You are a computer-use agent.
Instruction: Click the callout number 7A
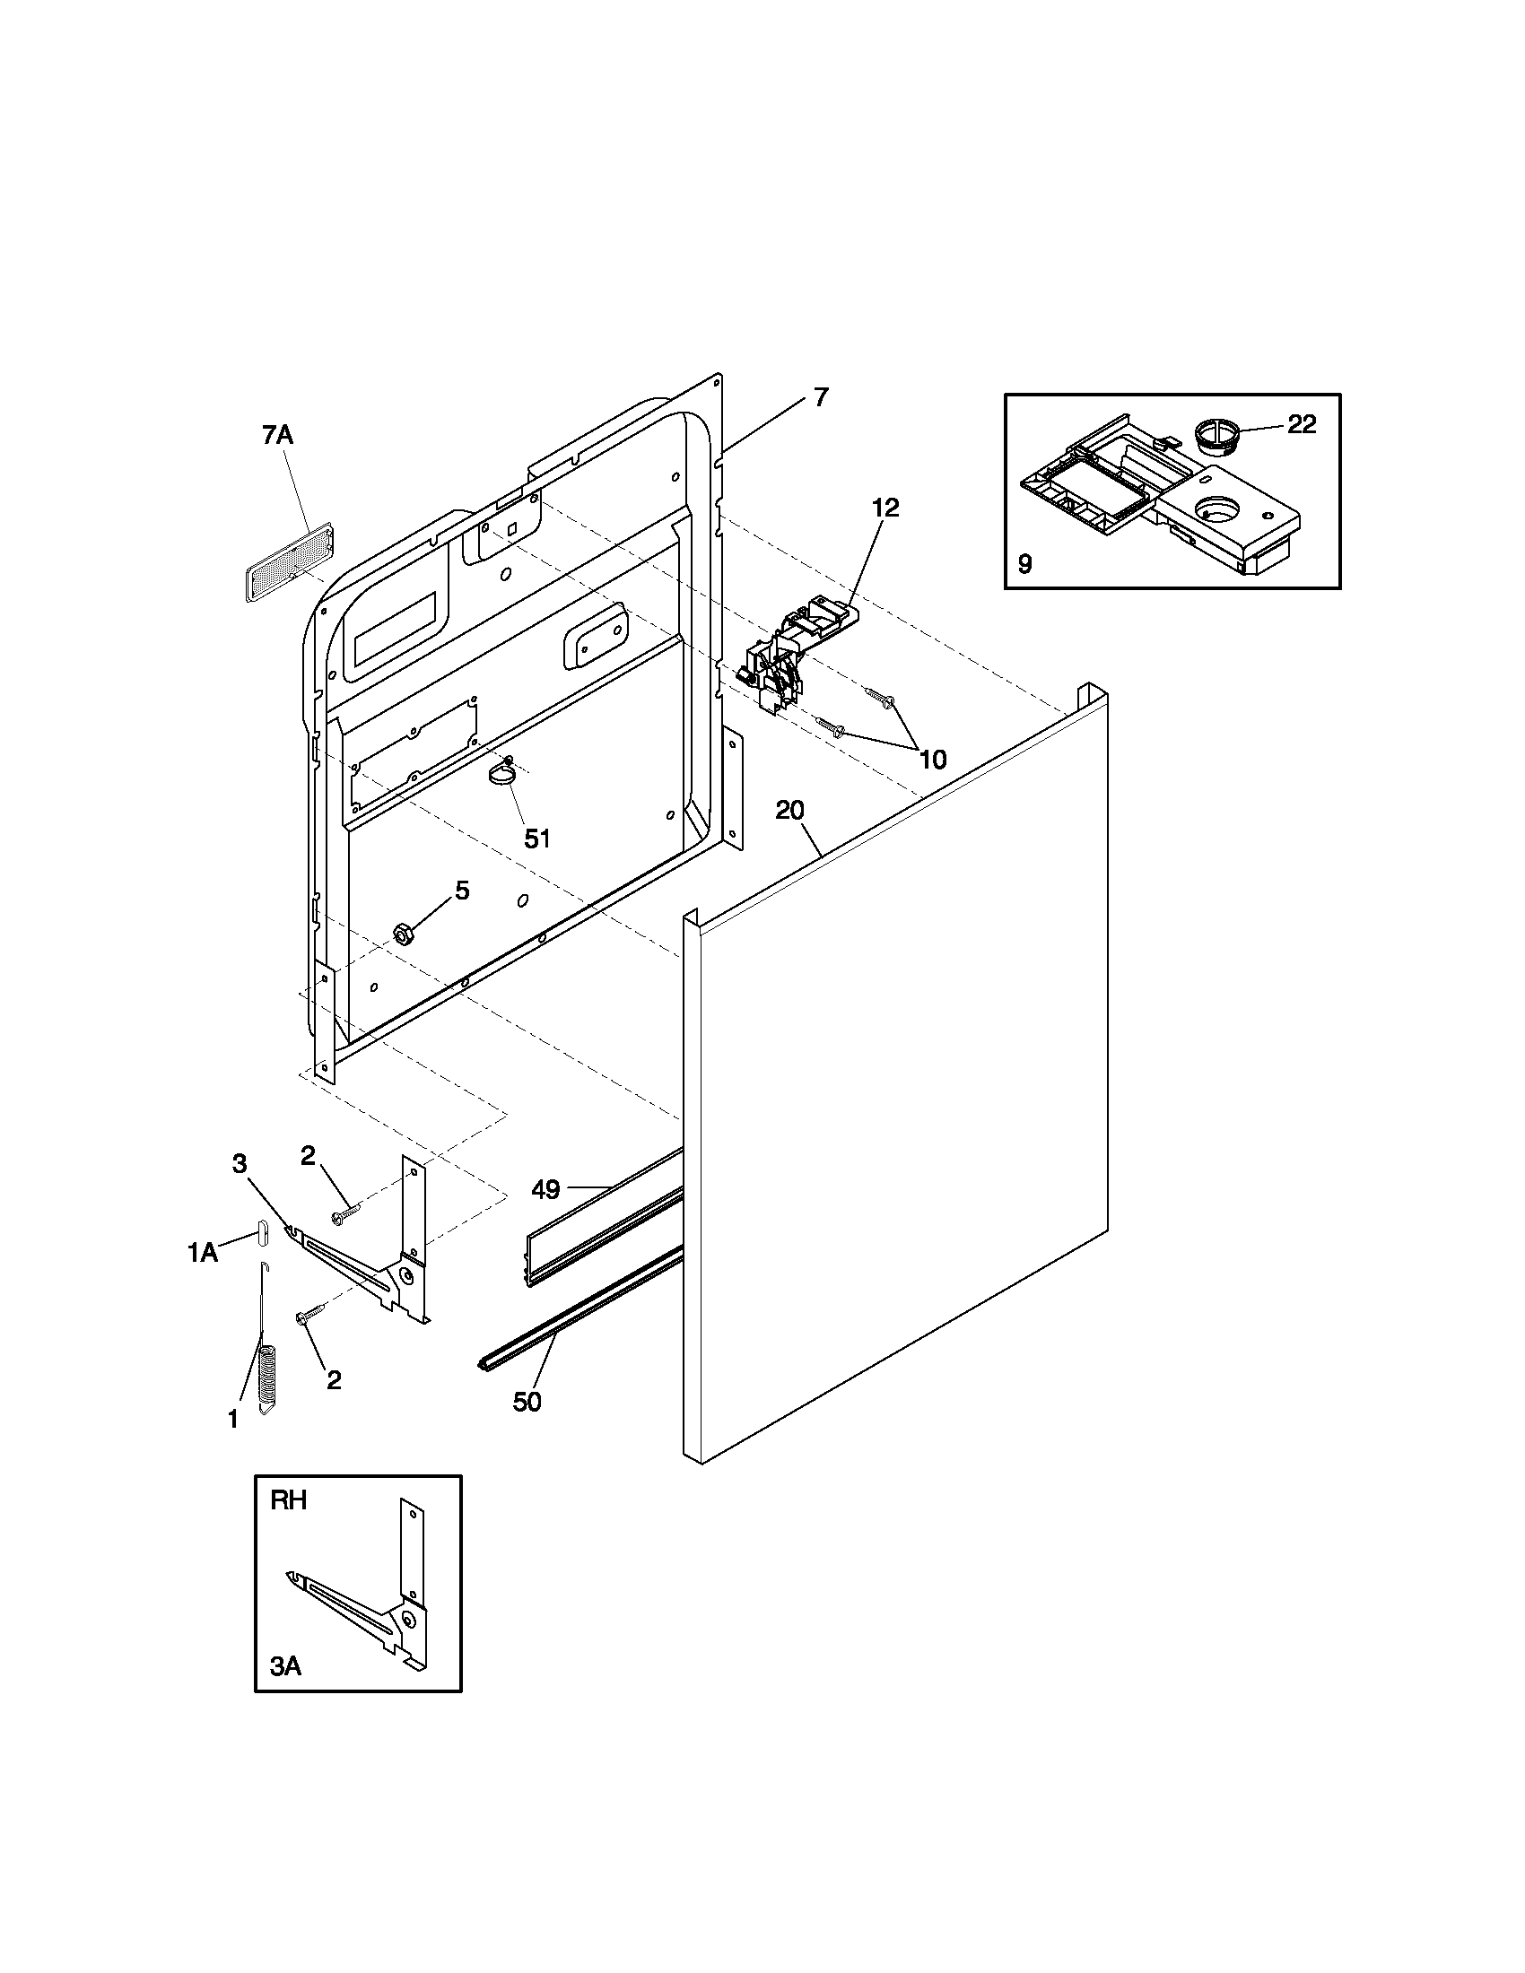(x=277, y=436)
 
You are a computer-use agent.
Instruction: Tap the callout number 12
(x=885, y=508)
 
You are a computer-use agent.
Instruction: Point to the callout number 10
(x=933, y=759)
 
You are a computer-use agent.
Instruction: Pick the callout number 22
(x=1301, y=423)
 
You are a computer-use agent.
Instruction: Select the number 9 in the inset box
(x=1024, y=565)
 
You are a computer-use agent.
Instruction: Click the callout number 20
(x=789, y=811)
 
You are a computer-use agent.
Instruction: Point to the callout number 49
(x=545, y=1190)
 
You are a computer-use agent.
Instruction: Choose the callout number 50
(x=527, y=1402)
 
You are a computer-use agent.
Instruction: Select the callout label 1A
(x=203, y=1253)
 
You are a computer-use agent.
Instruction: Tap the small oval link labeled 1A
(x=262, y=1232)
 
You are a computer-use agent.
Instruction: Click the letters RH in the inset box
(x=289, y=1500)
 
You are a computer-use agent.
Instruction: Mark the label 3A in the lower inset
(x=285, y=1667)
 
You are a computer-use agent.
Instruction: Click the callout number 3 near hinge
(x=240, y=1163)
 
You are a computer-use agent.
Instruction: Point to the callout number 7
(x=820, y=396)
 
